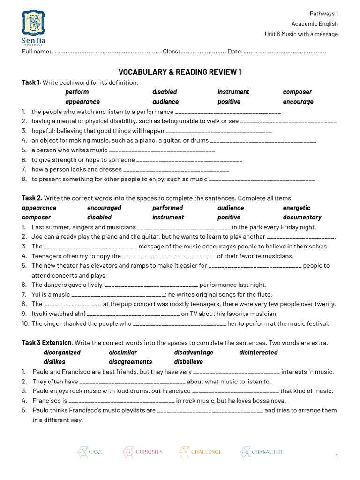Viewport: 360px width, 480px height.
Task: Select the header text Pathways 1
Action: (x=324, y=14)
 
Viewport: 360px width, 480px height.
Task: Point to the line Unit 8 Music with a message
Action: (x=301, y=34)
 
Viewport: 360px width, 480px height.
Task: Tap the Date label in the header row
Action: (x=235, y=51)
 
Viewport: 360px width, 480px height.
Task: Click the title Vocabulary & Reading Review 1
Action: (x=180, y=72)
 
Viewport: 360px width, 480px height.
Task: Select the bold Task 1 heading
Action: (x=31, y=82)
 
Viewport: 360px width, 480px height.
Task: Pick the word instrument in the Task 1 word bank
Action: (x=233, y=92)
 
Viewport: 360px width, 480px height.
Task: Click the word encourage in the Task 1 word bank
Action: (x=298, y=102)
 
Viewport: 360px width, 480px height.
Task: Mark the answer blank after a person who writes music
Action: (x=162, y=150)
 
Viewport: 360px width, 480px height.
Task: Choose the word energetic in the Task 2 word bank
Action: (x=296, y=208)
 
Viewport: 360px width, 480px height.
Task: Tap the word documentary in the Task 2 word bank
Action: (x=302, y=217)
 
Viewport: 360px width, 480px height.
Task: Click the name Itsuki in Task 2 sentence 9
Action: (x=39, y=314)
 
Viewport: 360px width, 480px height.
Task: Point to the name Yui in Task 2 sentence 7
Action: (x=37, y=294)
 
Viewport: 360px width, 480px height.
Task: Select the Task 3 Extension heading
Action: (x=47, y=343)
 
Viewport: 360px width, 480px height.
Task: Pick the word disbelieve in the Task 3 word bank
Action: (x=188, y=362)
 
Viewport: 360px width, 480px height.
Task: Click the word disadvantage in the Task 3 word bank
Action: (x=194, y=352)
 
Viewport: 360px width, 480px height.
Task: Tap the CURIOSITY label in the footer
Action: (x=149, y=452)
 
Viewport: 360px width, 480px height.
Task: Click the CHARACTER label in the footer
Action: (x=267, y=452)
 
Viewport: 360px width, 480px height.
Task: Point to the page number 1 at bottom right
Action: (x=337, y=456)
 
